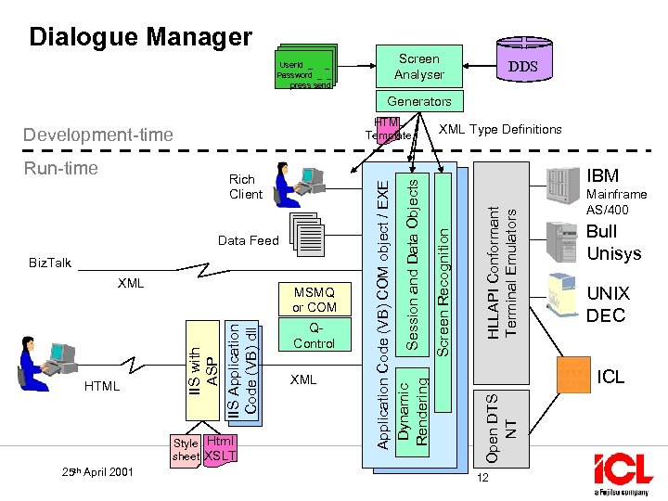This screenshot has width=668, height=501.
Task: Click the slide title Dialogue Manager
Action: click(x=140, y=37)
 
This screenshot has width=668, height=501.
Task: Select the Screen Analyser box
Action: click(x=418, y=66)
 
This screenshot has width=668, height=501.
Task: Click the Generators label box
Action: click(x=419, y=101)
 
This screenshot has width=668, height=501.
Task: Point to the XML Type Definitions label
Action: click(x=500, y=129)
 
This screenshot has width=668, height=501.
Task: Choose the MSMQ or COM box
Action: click(x=315, y=300)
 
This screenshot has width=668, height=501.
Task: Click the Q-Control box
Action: click(x=314, y=336)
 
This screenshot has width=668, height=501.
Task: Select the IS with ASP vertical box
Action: click(x=202, y=367)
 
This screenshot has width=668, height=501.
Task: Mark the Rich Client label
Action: click(x=246, y=186)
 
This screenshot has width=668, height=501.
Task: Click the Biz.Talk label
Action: click(x=49, y=263)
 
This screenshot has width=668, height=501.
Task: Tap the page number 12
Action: click(x=482, y=477)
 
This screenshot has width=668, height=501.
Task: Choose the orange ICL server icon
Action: click(x=572, y=375)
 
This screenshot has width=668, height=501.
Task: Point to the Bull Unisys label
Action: click(x=613, y=242)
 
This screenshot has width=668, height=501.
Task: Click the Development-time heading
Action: click(x=97, y=135)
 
